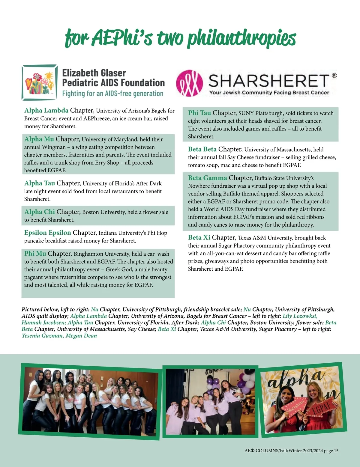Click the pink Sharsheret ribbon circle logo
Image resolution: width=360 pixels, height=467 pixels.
click(189, 83)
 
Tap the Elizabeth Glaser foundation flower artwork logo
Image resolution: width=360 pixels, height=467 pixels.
click(40, 82)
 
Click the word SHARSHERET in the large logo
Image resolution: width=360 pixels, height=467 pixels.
click(268, 81)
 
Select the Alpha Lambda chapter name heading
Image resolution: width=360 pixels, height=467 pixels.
click(46, 111)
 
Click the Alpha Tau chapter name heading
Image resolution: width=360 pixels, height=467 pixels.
click(40, 183)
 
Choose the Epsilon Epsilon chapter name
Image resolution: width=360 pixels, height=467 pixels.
click(47, 233)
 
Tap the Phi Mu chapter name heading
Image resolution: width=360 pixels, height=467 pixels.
click(35, 254)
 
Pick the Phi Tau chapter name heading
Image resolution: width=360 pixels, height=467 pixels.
click(199, 113)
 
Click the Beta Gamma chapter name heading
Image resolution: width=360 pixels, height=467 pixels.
click(207, 178)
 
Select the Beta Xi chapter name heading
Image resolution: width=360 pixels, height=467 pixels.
click(199, 238)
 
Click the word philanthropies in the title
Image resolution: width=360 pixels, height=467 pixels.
click(242, 38)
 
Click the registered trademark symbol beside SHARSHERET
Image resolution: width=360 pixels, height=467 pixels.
click(334, 76)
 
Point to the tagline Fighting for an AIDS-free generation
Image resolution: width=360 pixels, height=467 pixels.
click(112, 94)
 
